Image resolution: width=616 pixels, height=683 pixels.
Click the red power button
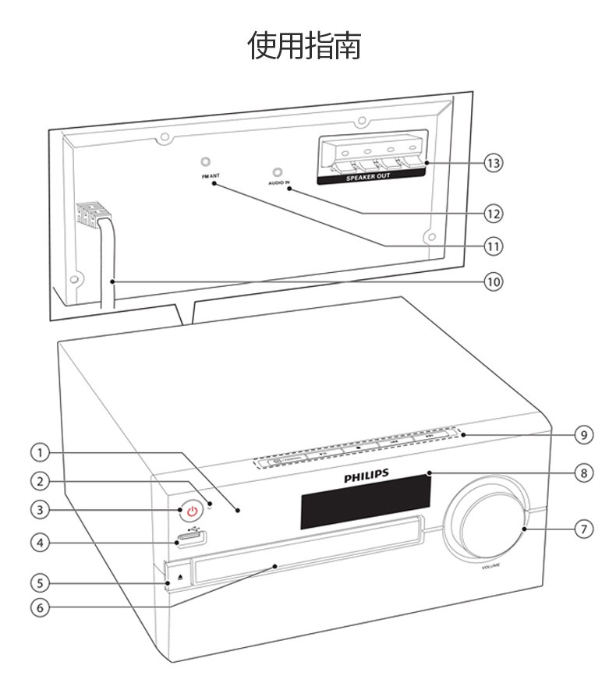193,511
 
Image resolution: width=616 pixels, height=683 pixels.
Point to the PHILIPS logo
365,473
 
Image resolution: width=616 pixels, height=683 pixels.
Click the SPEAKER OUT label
369,176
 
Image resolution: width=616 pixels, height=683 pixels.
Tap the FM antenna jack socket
205,162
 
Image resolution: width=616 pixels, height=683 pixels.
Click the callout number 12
492,212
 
